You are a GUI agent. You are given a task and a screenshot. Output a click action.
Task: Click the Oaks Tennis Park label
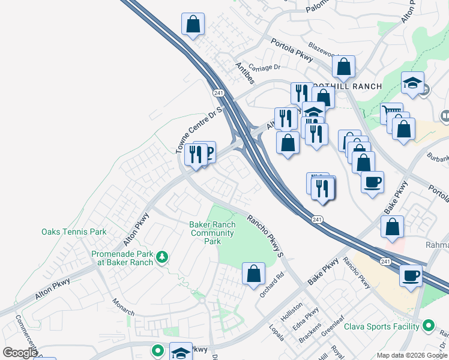coord(73,232)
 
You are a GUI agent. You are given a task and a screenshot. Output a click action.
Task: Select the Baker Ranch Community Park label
coord(212,233)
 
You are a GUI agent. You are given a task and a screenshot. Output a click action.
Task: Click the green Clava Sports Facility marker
coord(428,326)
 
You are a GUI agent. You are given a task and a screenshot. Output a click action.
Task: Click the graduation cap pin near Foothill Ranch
coord(413,83)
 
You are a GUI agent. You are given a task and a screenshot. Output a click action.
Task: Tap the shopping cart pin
coord(391,112)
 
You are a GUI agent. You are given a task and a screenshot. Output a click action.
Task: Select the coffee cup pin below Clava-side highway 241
coord(411,276)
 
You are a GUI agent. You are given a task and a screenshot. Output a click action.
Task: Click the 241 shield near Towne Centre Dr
coord(218,93)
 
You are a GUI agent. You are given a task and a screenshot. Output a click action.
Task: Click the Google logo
coord(19,353)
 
